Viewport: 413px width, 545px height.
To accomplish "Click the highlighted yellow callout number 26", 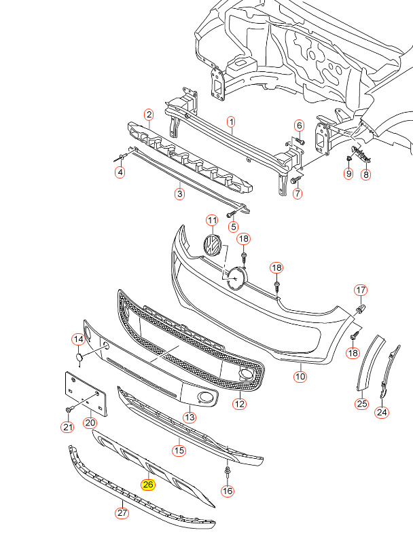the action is pos(148,485).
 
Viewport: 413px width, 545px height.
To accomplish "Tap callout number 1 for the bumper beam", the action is pos(232,122).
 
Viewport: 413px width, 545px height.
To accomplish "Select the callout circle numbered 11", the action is pos(212,221).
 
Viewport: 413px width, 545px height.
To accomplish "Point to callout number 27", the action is pos(122,512).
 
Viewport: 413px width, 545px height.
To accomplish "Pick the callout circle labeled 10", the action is pos(300,376).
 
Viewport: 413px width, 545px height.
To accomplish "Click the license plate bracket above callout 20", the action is pos(86,394).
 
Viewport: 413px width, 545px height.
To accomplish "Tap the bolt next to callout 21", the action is pos(69,411).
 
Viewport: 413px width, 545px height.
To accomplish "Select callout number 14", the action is pos(79,339).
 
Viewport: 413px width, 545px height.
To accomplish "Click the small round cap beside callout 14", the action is pos(79,357).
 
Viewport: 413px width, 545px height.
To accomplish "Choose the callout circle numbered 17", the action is pos(361,290).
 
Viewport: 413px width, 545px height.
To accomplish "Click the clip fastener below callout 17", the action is pos(360,308).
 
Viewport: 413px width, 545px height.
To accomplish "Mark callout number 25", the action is pos(362,404).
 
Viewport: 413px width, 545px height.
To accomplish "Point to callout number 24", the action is pos(382,412).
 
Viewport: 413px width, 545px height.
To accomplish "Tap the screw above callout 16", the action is pos(227,472).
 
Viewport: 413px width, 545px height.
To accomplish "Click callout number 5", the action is pos(233,227).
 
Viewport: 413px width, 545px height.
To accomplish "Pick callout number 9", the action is pos(348,173).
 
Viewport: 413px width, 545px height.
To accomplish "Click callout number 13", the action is pos(190,417).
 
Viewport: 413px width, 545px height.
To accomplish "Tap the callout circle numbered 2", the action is pos(149,114).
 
